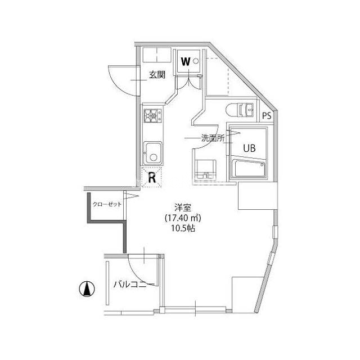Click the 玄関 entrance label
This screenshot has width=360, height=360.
point(157,75)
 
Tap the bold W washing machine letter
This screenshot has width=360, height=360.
point(186,61)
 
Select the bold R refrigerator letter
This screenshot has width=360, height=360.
point(152,178)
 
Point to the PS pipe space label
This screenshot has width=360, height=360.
point(267,115)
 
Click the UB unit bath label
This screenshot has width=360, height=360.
point(249,148)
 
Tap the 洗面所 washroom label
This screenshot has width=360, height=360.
point(213,138)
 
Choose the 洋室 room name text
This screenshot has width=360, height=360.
point(183,208)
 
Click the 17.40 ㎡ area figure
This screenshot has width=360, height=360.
point(183,218)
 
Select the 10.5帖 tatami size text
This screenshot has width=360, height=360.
point(183,228)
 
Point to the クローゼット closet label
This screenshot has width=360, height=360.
point(107,204)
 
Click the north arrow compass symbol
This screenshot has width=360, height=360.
point(87,289)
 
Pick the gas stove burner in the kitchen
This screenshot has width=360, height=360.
point(152,115)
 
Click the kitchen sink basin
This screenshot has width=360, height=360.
point(152,153)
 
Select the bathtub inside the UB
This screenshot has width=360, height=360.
point(248,168)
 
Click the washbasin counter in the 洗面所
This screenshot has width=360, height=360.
point(205,170)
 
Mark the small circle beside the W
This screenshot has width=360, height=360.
point(196,61)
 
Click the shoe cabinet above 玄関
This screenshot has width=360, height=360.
point(157,55)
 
